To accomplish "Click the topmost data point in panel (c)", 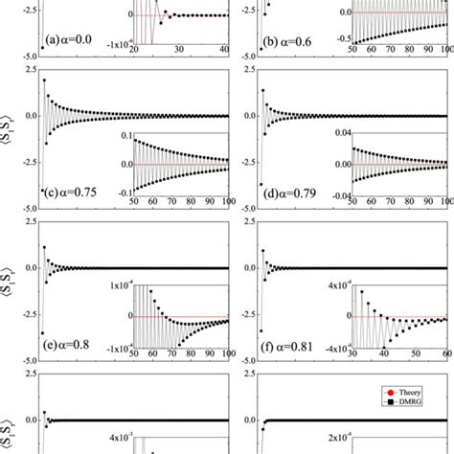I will [44, 81].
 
